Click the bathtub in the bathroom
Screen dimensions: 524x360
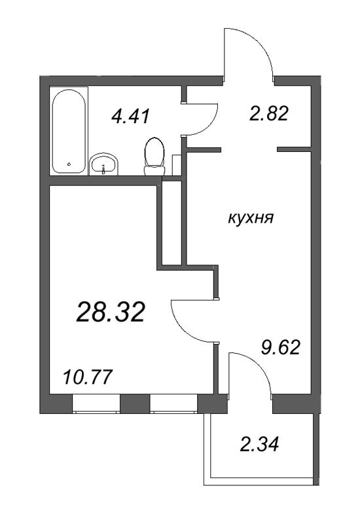67,131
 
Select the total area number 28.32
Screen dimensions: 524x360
110,312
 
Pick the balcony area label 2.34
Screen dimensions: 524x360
260,445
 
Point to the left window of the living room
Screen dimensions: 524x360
96,404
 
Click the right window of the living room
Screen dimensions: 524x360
173,404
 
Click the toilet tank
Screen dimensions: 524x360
154,170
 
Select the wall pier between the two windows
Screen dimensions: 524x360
134,403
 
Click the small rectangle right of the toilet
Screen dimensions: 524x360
175,164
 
